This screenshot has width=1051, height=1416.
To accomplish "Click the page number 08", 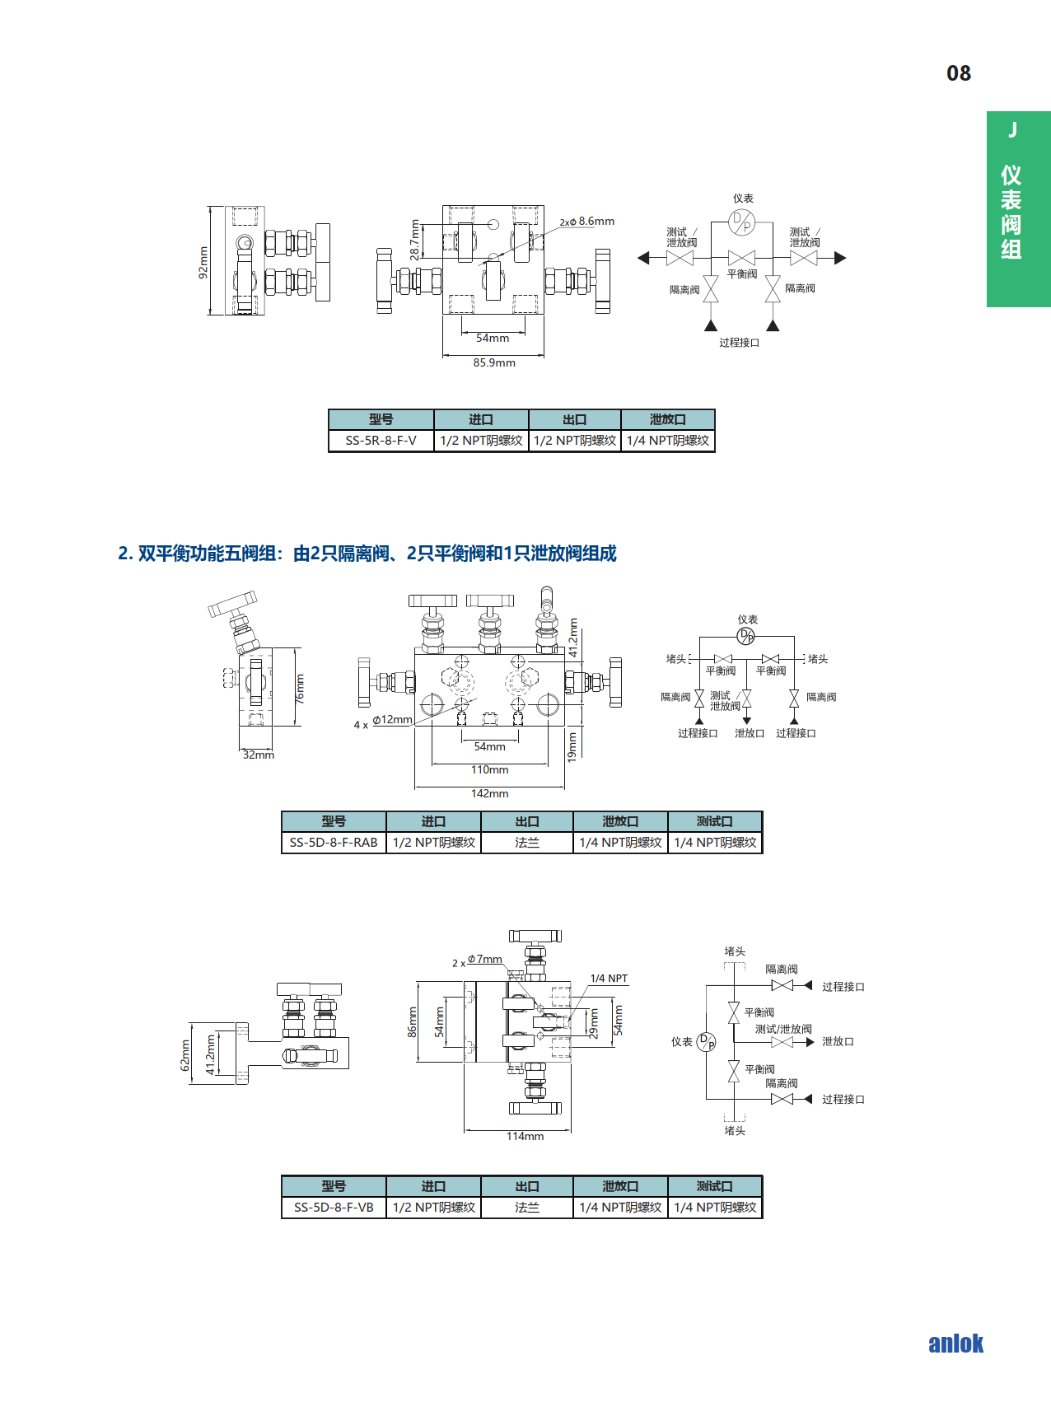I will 958,73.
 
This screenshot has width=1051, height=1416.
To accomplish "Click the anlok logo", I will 955,1344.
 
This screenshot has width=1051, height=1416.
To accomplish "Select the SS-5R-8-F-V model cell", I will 381,441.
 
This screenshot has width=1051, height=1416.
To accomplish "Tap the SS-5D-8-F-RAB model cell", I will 334,843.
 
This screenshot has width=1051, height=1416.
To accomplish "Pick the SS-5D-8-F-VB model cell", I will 334,1208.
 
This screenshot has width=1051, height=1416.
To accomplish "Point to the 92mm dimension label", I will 203,262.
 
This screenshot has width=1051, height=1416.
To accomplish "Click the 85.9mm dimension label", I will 494,362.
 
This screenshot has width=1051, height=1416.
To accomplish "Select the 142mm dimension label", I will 489,793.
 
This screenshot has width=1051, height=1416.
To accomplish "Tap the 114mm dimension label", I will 525,1136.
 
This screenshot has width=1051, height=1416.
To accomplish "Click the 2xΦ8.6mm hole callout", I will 587,222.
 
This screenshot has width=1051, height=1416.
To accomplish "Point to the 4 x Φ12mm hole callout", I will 383,722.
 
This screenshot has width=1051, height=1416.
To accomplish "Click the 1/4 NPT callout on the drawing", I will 609,979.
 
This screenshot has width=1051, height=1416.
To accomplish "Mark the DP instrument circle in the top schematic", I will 741,222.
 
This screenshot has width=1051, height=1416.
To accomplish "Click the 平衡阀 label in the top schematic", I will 741,274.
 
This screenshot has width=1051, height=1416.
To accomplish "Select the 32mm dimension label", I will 258,755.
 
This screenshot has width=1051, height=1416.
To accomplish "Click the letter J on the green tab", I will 1012,130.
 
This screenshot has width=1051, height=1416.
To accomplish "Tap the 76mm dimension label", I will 299,688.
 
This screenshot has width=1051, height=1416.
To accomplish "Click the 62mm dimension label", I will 185,1054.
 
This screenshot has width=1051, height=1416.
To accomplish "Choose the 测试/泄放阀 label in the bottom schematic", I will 783,1029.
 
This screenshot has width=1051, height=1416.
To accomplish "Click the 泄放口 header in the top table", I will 667,419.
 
